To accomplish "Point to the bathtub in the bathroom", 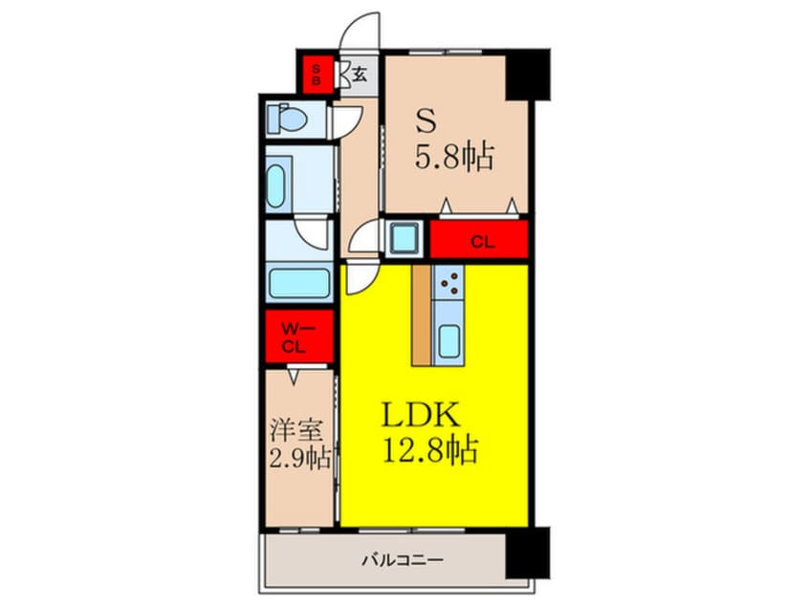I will [x=299, y=282].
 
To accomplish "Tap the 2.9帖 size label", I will [x=300, y=457].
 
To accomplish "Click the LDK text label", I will [x=424, y=416].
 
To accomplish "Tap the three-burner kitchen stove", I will [x=448, y=282].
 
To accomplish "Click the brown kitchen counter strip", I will [x=422, y=314].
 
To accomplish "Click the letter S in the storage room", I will [x=425, y=122].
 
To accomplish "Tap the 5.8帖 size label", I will [x=454, y=156].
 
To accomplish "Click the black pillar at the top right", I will [x=528, y=74].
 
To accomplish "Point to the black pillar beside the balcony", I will [x=528, y=555].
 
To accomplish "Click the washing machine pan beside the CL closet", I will [x=404, y=239].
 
